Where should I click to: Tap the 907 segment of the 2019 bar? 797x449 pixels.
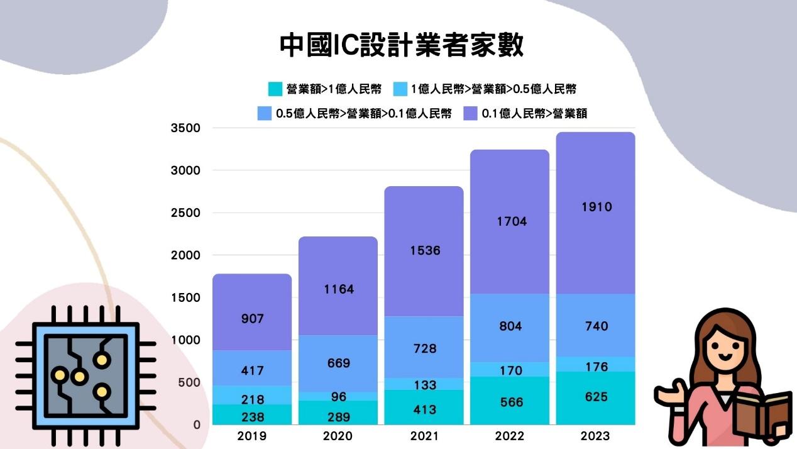coord(252,319)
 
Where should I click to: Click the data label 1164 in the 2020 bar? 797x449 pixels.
coord(339,289)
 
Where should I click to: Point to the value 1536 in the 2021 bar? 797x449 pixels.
coord(425,250)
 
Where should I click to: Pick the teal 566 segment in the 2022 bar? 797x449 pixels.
coord(510,402)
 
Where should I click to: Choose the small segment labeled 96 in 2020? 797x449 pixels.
coord(339,397)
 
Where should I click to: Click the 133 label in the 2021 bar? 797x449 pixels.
coord(425,385)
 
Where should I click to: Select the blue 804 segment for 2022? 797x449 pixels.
coord(510,326)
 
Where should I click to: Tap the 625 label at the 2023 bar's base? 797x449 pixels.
coord(596,397)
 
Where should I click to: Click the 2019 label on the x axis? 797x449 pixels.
coord(252,436)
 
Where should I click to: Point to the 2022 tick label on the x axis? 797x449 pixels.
coord(510,436)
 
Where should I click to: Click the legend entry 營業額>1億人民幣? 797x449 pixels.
coord(324,89)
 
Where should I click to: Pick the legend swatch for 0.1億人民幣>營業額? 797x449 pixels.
coord(471,114)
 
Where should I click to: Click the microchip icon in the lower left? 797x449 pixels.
coord(85,376)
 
